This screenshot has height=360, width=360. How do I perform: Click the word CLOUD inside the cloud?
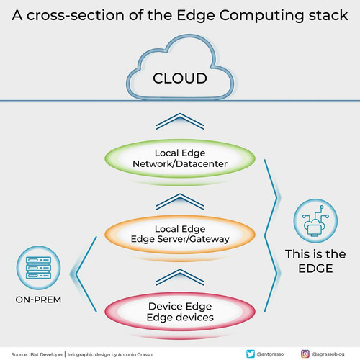(180, 78)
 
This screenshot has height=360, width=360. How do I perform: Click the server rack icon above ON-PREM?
(38, 268)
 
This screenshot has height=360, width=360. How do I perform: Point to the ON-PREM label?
(38, 300)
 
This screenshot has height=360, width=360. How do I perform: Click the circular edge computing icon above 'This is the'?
(315, 221)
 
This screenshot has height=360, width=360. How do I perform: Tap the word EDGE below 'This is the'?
(315, 269)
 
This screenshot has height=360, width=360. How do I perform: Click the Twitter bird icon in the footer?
(251, 354)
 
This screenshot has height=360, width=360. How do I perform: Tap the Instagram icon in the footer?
(305, 354)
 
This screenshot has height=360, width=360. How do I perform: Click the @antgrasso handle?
(270, 354)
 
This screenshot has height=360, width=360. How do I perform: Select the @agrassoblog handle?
(328, 354)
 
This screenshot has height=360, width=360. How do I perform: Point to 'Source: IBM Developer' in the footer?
(37, 354)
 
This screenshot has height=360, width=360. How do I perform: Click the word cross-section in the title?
(76, 15)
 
